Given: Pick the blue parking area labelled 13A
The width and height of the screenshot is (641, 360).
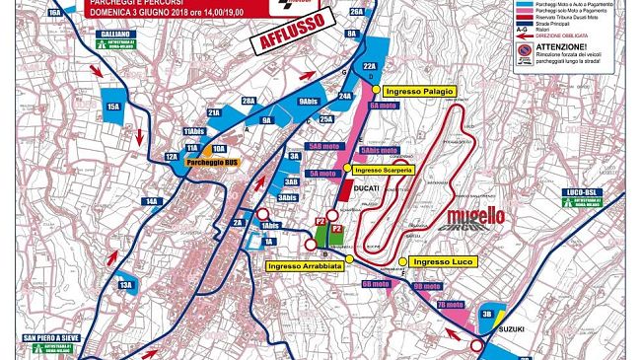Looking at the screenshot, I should pos(125,289).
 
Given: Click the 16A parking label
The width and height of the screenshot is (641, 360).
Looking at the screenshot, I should pos(55,12).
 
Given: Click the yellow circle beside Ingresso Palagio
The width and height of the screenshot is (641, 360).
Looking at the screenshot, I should pos(376,91).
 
